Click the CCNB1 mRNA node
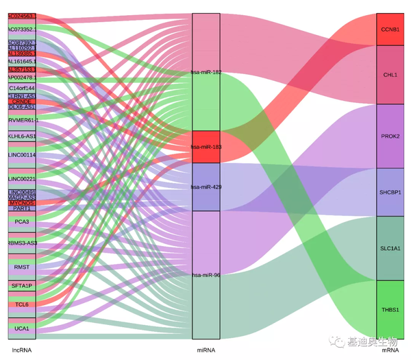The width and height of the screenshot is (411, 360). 390,29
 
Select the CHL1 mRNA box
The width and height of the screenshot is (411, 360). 390,74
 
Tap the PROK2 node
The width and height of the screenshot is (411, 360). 390,136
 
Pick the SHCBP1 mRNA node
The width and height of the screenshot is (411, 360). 390,192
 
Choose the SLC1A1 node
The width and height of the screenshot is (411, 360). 390,248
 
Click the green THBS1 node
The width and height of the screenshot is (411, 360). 390,309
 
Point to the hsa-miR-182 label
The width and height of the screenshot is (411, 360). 206,71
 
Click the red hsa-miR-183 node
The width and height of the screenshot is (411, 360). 206,147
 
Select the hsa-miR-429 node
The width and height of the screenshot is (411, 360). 206,187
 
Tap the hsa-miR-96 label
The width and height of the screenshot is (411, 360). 206,275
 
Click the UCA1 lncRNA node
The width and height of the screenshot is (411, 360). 22,329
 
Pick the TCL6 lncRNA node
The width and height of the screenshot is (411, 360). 22,304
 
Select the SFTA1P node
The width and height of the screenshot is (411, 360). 22,285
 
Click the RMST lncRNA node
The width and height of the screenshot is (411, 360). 22,266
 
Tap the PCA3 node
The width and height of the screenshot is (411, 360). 22,222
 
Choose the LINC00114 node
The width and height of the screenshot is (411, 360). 22,155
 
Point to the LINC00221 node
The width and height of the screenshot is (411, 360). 22,178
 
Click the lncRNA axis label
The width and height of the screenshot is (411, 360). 22,350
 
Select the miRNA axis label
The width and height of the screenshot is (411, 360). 206,350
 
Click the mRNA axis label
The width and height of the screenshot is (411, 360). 390,350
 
